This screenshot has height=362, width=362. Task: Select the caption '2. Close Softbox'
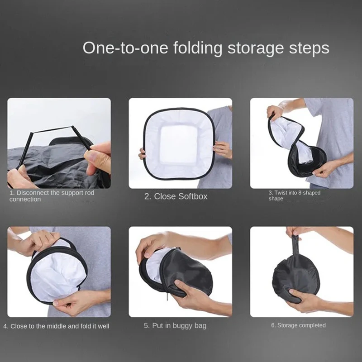coord(176,196)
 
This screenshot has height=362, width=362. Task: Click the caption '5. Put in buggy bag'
coord(176,325)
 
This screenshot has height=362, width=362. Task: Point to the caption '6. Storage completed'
coord(298,325)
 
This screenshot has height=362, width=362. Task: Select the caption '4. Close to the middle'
coord(56,326)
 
